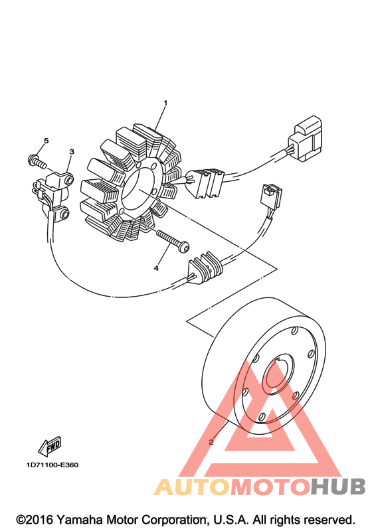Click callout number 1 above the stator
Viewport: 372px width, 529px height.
[x=165, y=103]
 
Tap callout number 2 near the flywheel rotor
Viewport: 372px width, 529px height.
[x=211, y=441]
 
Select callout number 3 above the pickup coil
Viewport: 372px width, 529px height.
[x=72, y=152]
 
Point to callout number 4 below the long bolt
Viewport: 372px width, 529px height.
[x=156, y=268]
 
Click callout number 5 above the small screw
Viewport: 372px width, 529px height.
[x=46, y=140]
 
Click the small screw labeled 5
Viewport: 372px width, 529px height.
[x=36, y=161]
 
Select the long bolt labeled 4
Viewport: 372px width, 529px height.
[x=172, y=239]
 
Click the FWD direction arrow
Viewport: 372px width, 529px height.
[x=50, y=446]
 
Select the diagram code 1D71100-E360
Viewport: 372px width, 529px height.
[x=52, y=465]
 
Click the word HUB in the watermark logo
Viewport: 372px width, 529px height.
[x=339, y=487]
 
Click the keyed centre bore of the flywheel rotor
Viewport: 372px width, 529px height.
[x=280, y=375]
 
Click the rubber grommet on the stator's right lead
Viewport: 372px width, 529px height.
[x=204, y=183]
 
